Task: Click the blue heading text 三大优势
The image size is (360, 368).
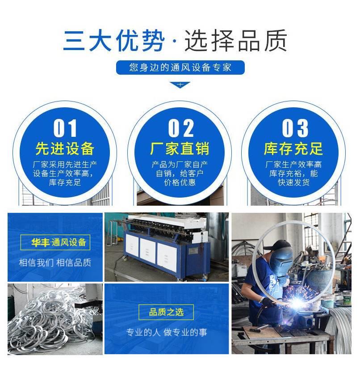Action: [x=113, y=41]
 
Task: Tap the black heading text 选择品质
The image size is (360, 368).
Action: [x=236, y=41]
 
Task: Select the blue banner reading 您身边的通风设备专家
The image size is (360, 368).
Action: [x=180, y=68]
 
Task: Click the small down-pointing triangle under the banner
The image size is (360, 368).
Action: [x=180, y=85]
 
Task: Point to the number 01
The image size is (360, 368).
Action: [x=65, y=128]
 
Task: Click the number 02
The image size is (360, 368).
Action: [x=181, y=128]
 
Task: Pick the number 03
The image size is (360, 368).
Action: [x=295, y=128]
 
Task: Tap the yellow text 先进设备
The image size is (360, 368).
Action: [x=65, y=149]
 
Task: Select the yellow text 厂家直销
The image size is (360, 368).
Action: [x=180, y=149]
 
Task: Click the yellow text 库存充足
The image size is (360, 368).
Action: [x=293, y=149]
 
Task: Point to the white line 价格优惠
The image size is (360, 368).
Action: [x=180, y=182]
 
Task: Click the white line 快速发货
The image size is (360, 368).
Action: [x=293, y=182]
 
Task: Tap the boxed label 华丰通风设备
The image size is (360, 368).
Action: [x=55, y=242]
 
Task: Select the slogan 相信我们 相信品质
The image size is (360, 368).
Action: [x=55, y=262]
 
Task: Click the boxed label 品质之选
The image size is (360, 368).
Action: [x=166, y=312]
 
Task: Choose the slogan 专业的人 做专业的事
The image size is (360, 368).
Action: [x=167, y=332]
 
